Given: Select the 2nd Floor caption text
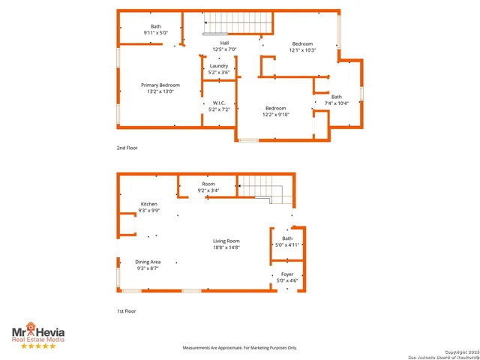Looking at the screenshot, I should pyautogui.click(x=127, y=148).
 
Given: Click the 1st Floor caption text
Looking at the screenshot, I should pyautogui.click(x=127, y=310).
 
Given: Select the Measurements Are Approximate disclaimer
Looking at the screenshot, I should pyautogui.click(x=240, y=347).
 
